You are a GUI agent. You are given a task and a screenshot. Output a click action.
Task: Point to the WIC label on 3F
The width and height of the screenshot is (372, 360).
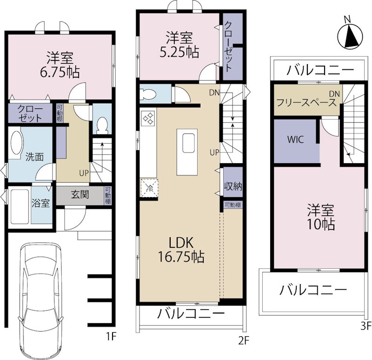[296, 140]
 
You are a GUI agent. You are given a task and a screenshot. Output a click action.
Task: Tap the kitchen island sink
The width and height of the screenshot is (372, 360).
[189, 142]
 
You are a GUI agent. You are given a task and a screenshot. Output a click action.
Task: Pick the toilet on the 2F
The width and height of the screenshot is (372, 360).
[148, 94]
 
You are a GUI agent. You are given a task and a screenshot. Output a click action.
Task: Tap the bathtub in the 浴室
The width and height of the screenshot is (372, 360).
[19, 206]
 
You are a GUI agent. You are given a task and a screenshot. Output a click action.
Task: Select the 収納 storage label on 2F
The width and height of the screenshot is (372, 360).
[232, 187]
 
